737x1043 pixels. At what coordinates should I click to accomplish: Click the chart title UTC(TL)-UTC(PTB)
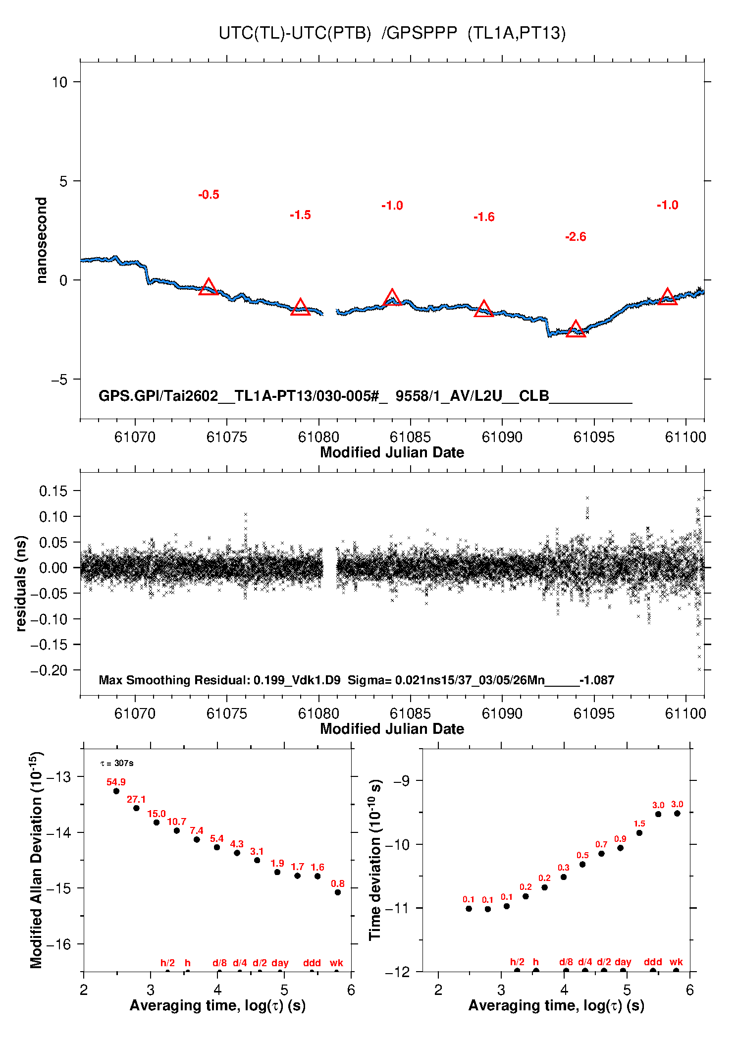tap(295, 33)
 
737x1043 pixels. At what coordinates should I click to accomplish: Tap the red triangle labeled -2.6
tap(576, 329)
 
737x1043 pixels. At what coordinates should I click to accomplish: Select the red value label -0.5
tap(209, 195)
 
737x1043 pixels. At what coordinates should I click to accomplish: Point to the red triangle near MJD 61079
tap(300, 308)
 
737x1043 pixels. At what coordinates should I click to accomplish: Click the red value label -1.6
tap(484, 217)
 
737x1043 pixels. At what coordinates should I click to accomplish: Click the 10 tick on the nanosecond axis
tap(59, 82)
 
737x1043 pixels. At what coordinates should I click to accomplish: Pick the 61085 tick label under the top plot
tap(410, 437)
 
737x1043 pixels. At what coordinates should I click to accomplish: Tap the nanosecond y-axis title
tap(42, 240)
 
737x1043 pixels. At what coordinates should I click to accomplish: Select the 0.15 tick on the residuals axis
tap(53, 491)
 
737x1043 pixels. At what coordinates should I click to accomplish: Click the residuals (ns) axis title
tap(21, 583)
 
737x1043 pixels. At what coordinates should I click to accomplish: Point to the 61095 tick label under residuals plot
tap(594, 714)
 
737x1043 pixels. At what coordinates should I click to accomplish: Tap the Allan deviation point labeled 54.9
tap(116, 791)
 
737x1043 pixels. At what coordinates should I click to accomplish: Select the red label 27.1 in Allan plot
tap(136, 799)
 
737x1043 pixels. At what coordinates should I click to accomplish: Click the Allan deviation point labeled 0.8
tap(338, 892)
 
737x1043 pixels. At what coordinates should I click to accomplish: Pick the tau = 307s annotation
tap(117, 764)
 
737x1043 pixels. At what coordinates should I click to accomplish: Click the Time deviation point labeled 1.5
tap(639, 833)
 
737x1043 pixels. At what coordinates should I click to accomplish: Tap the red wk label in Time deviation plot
tap(676, 962)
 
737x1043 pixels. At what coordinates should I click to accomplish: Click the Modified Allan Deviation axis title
tap(36, 860)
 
